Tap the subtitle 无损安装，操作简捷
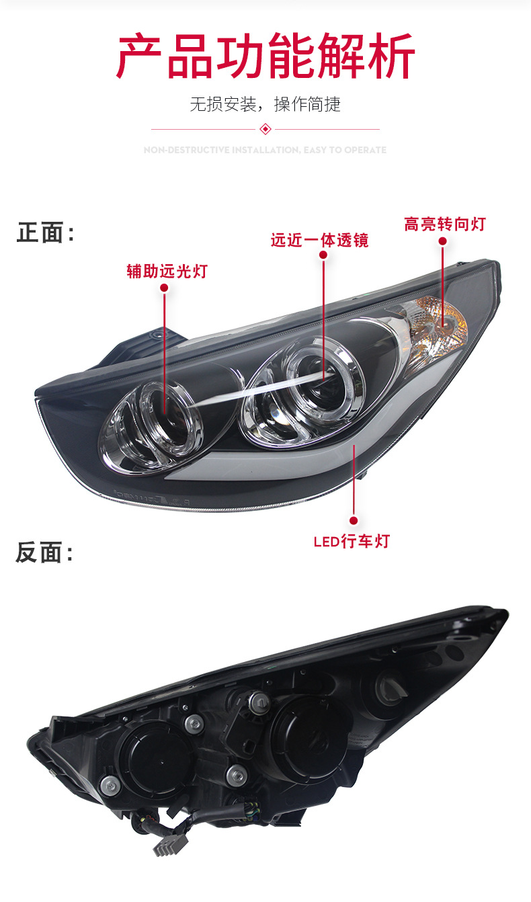pos(265,104)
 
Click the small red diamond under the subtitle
pos(265,128)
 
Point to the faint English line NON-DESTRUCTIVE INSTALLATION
pos(265,150)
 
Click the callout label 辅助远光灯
pos(167,272)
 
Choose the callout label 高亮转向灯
pos(444,224)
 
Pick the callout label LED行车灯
pos(352,541)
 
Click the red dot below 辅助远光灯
pos(164,288)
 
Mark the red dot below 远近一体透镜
pos(324,256)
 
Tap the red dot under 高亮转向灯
pos(443,241)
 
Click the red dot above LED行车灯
pos(354,520)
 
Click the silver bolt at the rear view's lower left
pos(108,784)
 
